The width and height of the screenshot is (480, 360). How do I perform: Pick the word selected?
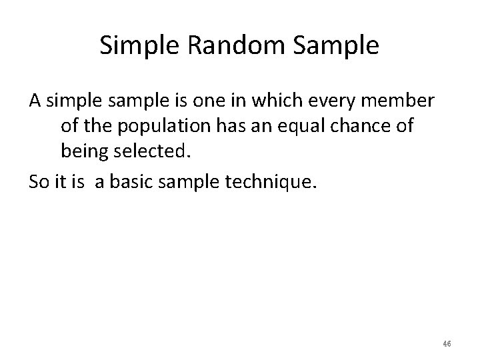pos(153,151)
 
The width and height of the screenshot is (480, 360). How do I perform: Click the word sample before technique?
pos(195,182)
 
